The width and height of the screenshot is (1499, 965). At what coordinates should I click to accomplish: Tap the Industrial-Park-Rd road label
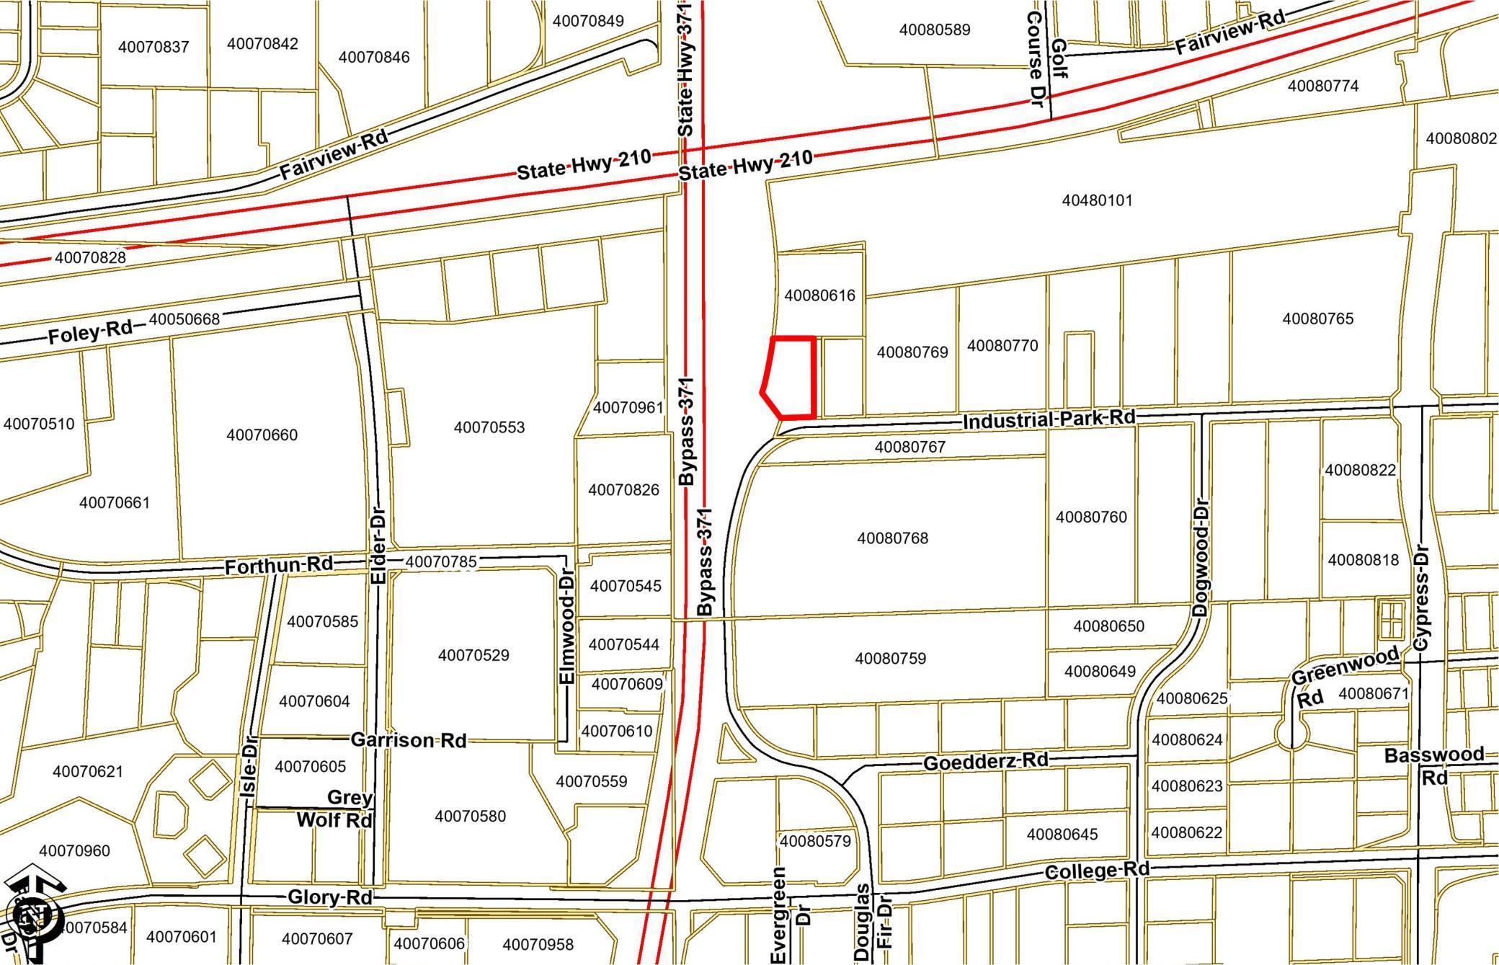pyautogui.click(x=1049, y=419)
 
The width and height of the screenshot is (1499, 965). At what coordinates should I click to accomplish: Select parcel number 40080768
pyautogui.click(x=893, y=538)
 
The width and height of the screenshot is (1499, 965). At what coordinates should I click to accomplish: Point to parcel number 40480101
pyautogui.click(x=1097, y=200)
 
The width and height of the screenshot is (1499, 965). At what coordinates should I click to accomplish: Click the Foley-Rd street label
pyautogui.click(x=91, y=333)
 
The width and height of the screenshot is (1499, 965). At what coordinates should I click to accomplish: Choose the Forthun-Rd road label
pyautogui.click(x=279, y=566)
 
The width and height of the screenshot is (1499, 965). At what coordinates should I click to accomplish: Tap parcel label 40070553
pyautogui.click(x=489, y=427)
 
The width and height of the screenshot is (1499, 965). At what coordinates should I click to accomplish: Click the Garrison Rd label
pyautogui.click(x=409, y=739)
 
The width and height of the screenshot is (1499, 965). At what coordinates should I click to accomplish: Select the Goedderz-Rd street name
pyautogui.click(x=985, y=762)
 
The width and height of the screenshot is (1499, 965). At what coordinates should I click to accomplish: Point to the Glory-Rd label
pyautogui.click(x=330, y=897)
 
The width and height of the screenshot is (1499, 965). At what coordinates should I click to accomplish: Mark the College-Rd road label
pyautogui.click(x=1097, y=871)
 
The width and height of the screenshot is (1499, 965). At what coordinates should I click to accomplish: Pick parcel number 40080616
pyautogui.click(x=819, y=295)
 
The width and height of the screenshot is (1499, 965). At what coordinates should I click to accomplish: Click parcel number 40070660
pyautogui.click(x=262, y=435)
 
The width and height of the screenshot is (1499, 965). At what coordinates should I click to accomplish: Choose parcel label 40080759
pyautogui.click(x=891, y=658)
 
